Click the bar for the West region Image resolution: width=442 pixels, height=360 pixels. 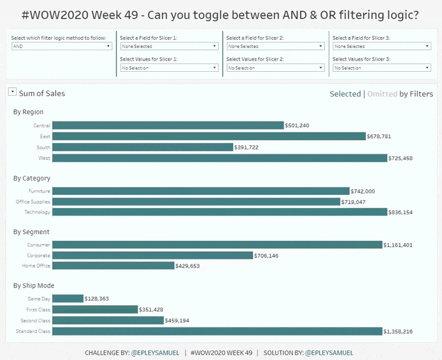click(x=219, y=158)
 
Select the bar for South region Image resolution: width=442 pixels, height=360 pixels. click(x=143, y=147)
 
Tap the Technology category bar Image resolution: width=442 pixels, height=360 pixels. click(x=219, y=212)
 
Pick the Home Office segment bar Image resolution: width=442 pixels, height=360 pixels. click(x=113, y=266)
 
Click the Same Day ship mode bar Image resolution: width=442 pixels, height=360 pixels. click(x=67, y=299)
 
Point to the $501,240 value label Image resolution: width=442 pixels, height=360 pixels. click(x=297, y=126)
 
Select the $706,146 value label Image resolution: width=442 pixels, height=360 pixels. click(x=266, y=256)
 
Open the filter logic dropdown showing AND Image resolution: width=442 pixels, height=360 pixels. click(x=62, y=47)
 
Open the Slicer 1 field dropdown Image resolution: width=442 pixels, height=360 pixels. click(x=169, y=47)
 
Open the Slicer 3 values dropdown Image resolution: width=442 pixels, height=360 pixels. click(x=381, y=68)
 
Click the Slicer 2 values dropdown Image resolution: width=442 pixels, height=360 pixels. click(x=275, y=68)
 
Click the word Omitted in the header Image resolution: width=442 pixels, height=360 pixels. click(x=382, y=94)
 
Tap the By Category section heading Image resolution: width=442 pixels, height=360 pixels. click(x=31, y=178)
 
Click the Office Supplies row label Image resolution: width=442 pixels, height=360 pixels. click(x=33, y=202)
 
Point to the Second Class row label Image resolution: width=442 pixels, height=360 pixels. click(x=36, y=321)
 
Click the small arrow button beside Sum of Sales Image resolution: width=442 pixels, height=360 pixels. click(x=12, y=92)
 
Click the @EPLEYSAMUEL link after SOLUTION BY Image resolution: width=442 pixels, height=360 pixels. click(x=329, y=353)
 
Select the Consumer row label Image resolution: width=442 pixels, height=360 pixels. click(x=39, y=245)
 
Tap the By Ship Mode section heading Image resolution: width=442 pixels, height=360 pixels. click(x=34, y=285)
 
